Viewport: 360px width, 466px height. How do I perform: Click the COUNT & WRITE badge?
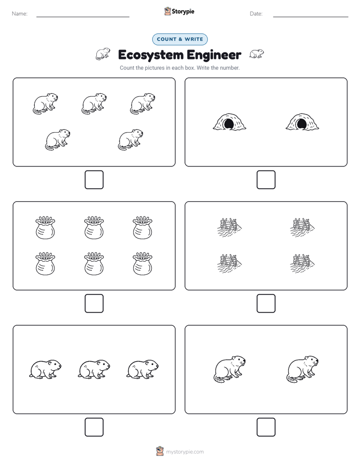[x=179, y=39]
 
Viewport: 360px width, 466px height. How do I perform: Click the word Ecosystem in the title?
[x=151, y=55]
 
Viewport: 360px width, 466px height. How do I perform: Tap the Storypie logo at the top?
[x=179, y=11]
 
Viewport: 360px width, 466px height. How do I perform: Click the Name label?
[x=20, y=14]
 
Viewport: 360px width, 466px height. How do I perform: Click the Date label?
[x=256, y=14]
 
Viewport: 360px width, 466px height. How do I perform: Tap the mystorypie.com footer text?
[x=185, y=452]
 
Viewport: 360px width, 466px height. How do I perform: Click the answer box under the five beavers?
[x=94, y=180]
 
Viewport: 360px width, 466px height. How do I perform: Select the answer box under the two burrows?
[x=266, y=180]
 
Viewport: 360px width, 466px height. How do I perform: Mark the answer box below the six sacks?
[x=94, y=304]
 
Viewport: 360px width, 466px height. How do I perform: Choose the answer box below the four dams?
[x=266, y=304]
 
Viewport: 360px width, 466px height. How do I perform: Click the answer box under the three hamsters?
[x=94, y=427]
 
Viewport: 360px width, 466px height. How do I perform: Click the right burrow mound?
[x=303, y=122]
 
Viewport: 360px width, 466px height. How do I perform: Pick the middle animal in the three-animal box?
[x=94, y=369]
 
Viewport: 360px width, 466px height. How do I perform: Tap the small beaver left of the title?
[x=103, y=54]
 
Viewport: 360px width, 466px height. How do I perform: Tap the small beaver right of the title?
[x=257, y=54]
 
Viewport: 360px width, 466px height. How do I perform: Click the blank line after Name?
[x=83, y=17]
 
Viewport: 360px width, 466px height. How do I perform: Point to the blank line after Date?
[x=311, y=17]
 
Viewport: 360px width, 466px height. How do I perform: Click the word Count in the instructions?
[x=127, y=68]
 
